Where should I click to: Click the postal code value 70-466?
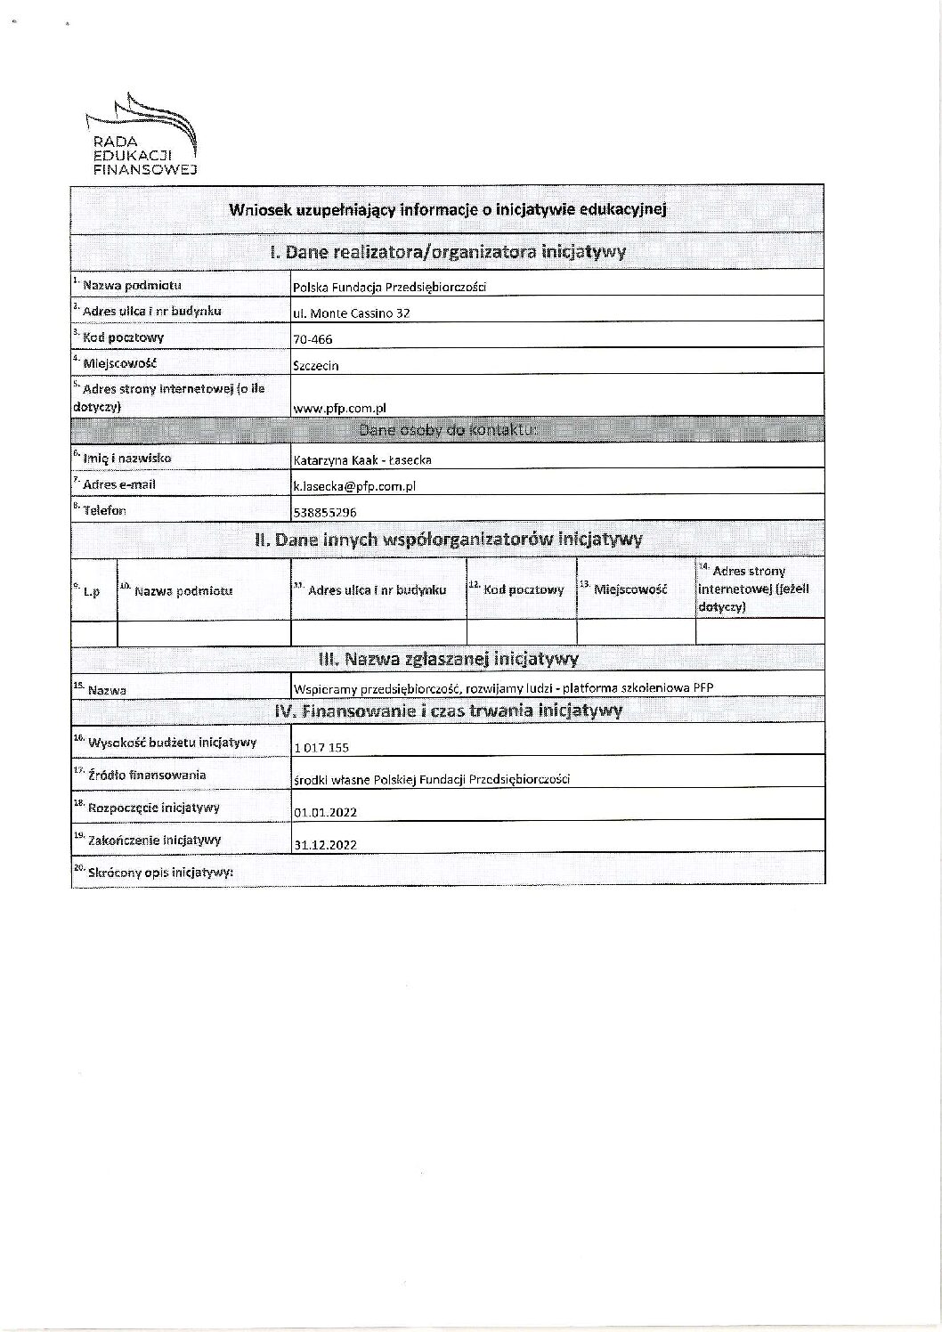pos(313,339)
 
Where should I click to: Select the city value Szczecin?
pos(315,365)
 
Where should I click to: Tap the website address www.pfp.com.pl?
pos(338,407)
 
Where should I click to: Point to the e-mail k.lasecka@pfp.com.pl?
pos(354,486)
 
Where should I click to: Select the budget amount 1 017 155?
pos(321,748)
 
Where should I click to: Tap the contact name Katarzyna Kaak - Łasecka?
pos(362,460)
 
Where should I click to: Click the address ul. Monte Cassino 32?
pos(352,313)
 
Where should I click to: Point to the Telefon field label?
pos(104,510)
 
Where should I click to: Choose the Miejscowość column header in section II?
pos(629,589)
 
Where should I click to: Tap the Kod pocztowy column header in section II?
pos(523,589)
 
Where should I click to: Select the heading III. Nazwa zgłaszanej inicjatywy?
pos(448,659)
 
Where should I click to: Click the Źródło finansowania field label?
pos(146,775)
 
